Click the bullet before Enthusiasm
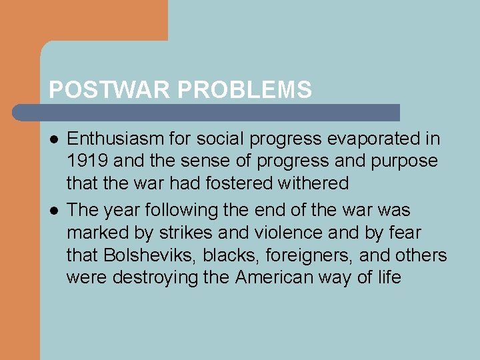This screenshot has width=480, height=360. click(53, 139)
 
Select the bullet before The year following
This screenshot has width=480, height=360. click(53, 210)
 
